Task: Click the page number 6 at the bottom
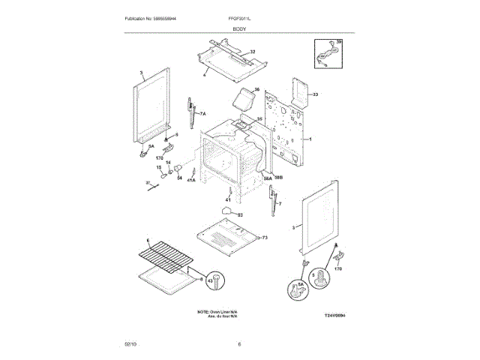[239, 343]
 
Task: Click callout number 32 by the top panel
[252, 52]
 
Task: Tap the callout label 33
[316, 94]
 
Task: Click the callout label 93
[240, 215]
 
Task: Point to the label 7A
[202, 112]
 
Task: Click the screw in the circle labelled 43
[217, 281]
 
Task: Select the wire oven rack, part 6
[166, 259]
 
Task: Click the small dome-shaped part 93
[224, 213]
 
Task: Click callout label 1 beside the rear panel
[310, 139]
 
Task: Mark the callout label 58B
[278, 178]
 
